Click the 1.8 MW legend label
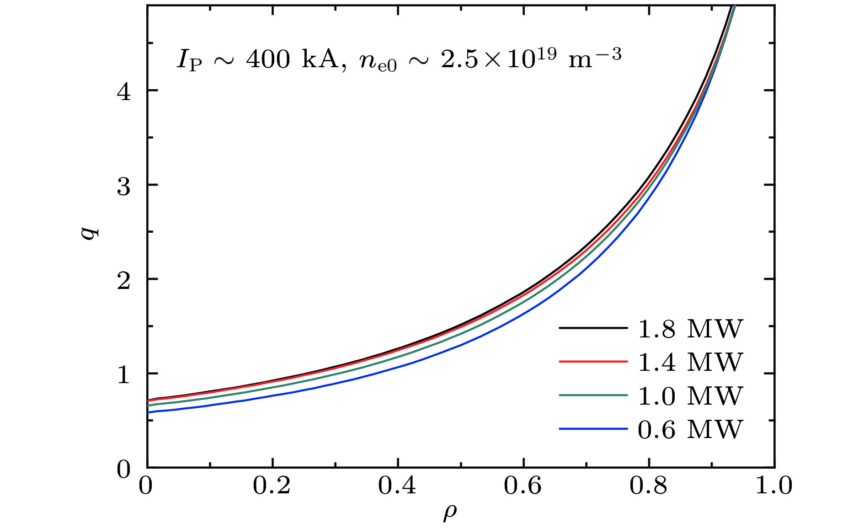690,329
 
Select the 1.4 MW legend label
690,362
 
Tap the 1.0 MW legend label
690,396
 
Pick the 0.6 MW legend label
690,429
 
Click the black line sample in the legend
593,328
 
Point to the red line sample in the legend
593,362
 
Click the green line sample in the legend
593,395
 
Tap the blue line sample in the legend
593,429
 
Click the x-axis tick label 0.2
272,486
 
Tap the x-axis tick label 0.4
397,486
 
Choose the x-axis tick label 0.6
523,486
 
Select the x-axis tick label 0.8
649,486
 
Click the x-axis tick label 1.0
774,486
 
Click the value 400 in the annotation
268,59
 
